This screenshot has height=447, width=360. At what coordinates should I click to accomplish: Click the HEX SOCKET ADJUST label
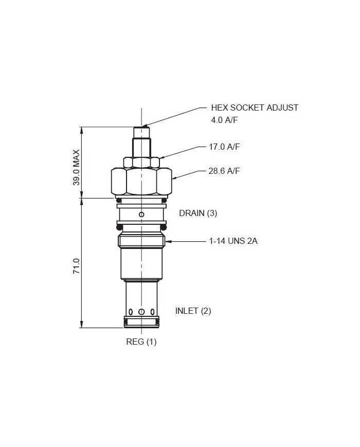(255, 108)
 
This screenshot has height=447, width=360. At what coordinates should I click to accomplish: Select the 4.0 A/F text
(225, 120)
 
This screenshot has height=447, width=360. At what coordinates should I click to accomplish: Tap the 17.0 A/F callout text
(224, 147)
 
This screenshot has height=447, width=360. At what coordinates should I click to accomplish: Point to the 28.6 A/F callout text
(224, 171)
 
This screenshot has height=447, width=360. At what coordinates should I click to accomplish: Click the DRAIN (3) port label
(198, 213)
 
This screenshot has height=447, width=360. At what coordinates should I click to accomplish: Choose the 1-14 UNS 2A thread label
(233, 241)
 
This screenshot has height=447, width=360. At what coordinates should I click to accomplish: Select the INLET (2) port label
(193, 311)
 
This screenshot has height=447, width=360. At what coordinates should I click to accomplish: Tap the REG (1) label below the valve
(141, 342)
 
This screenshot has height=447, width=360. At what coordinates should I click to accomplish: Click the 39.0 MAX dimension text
(76, 168)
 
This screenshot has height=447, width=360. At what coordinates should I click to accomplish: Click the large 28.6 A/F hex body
(142, 182)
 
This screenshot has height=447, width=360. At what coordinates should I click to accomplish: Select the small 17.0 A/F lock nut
(142, 163)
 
